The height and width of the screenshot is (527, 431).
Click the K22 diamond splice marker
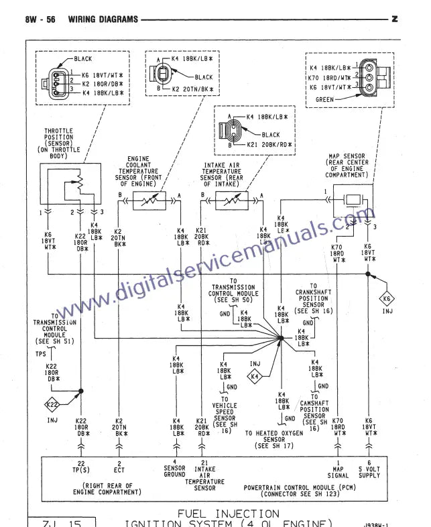53,404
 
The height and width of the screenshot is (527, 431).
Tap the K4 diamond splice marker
255,377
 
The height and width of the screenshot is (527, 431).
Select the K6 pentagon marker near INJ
386,298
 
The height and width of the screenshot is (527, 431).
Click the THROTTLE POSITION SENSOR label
59,141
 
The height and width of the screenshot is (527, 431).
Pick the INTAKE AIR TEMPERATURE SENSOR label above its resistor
221,172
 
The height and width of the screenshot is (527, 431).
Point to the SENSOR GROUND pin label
175,471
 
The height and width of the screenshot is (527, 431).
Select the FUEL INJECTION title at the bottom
228,514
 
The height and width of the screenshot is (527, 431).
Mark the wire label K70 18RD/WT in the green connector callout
331,77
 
